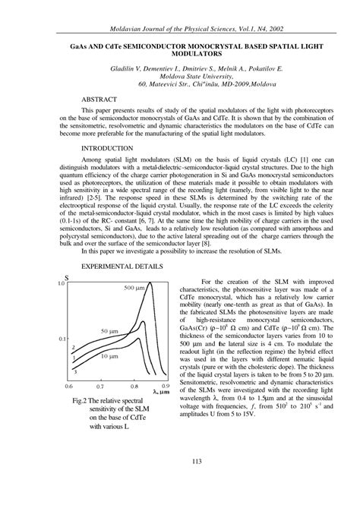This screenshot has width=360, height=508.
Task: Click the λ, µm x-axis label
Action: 160,392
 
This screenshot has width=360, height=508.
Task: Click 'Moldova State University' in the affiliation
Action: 179,77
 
